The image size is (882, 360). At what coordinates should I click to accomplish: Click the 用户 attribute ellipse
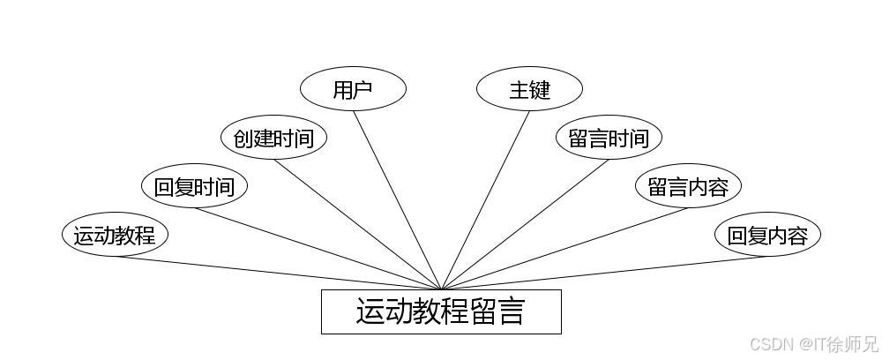pos(353,89)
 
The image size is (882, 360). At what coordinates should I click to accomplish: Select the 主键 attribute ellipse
pos(529,89)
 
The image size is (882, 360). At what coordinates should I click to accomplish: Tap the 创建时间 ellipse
pos(273,138)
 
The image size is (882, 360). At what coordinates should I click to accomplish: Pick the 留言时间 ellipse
pos(609,138)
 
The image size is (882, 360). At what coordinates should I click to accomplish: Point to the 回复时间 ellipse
pos(194,186)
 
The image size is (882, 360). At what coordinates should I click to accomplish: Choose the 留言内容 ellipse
pos(688,186)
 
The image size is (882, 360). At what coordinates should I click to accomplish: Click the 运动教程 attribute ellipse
pos(115,236)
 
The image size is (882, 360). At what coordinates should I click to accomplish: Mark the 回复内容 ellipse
pos(767,236)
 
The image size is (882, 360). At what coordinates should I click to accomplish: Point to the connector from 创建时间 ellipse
pos(357,224)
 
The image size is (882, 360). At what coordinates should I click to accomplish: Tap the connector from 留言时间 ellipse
pos(525,224)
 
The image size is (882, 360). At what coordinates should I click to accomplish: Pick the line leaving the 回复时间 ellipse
pos(318,249)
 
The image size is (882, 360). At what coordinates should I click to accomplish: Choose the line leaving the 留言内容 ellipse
pos(564,249)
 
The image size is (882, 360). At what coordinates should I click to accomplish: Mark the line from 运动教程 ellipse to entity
pos(278,273)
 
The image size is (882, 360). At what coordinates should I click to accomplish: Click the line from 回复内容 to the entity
pos(604,273)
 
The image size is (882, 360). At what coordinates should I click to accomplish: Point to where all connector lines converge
pos(441,289)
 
